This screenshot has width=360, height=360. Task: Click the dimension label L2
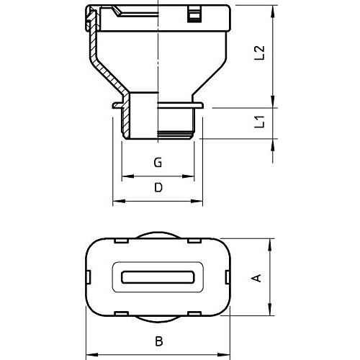(259, 53)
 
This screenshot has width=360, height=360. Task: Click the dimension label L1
(259, 122)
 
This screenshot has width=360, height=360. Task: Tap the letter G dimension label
(158, 163)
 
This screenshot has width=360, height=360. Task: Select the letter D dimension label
(158, 187)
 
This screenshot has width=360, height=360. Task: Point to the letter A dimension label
(256, 278)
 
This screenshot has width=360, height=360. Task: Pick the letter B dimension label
(159, 341)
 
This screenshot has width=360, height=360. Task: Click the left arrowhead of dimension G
(127, 176)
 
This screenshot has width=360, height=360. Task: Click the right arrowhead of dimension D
(197, 201)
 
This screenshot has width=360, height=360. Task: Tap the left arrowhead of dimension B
(92, 354)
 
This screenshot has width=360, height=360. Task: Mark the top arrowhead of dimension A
(271, 245)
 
